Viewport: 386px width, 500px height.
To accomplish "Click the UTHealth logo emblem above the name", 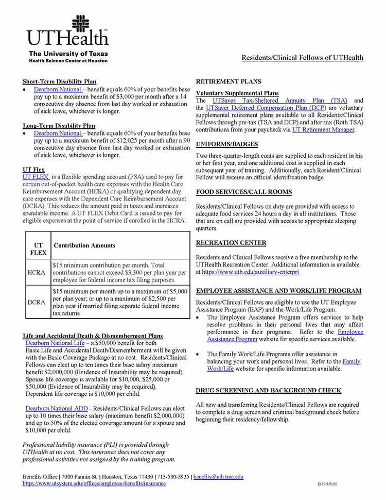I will point(80,24).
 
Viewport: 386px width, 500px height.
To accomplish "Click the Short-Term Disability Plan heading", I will point(59,81).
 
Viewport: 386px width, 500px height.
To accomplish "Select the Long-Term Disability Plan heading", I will point(59,125).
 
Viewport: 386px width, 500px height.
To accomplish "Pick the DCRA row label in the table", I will point(38,302).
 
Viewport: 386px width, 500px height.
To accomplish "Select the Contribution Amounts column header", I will point(84,246).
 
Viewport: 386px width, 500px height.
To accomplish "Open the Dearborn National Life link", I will point(55,343).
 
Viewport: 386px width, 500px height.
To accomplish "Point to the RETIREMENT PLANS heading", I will point(229,81).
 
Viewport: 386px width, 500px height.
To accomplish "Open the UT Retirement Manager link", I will point(323,130).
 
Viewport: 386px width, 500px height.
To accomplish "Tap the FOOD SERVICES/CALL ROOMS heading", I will point(244,192).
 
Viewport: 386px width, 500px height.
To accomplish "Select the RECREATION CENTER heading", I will point(231,243).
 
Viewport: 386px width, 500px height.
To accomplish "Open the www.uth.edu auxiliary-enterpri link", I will point(250,272).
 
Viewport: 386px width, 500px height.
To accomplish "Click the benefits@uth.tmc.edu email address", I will point(218,477).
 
